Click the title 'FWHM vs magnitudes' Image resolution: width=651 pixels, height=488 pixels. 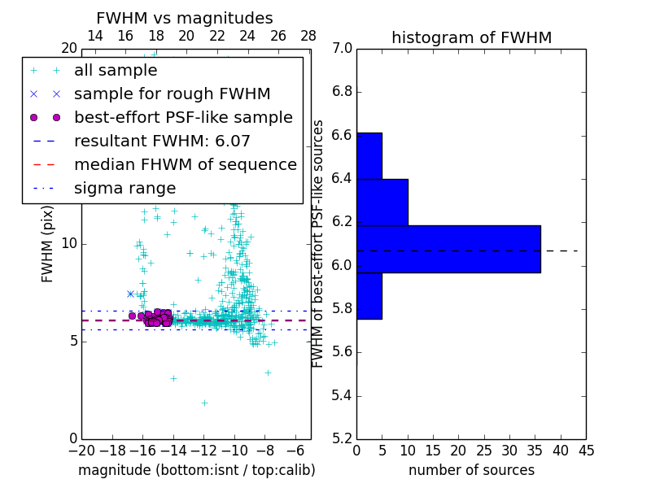185,18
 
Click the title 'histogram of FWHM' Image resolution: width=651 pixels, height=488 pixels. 471,37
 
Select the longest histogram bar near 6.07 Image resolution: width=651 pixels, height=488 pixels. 448,249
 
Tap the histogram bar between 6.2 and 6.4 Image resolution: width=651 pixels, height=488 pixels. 382,202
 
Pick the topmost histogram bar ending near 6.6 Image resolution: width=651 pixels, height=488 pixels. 369,155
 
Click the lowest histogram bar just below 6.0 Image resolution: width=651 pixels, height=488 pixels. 369,295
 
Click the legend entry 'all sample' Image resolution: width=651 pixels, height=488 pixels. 115,71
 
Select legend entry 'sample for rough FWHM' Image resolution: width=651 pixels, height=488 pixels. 172,94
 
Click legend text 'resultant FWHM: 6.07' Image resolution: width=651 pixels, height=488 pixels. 162,141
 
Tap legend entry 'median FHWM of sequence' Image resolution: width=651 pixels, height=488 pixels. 185,164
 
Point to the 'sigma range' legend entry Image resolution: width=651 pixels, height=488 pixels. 125,188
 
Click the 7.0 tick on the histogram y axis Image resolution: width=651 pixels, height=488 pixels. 342,49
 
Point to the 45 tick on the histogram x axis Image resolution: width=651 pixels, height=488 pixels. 586,450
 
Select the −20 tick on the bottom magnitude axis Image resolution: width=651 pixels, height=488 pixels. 81,450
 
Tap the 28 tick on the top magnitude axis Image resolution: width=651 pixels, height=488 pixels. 308,36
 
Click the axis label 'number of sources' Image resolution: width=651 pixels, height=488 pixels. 471,470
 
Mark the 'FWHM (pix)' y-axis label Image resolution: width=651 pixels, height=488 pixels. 48,244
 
